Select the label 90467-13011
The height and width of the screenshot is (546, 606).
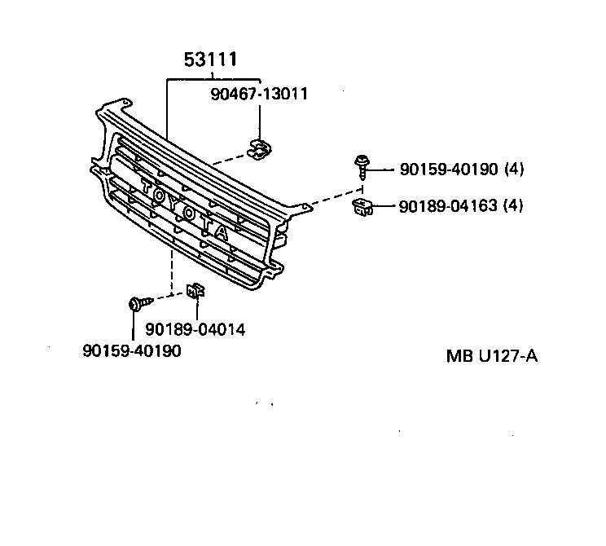point(259,94)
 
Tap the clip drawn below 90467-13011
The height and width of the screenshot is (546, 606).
point(260,149)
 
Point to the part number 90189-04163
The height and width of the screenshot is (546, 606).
point(449,206)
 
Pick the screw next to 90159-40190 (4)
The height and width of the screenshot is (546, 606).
point(361,165)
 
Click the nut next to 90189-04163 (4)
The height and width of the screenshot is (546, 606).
point(362,206)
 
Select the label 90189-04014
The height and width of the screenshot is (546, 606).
point(195,330)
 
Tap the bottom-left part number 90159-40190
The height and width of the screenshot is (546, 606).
point(132,350)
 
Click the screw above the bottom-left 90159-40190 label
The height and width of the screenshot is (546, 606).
point(138,304)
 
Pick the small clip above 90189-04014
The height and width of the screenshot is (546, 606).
point(195,291)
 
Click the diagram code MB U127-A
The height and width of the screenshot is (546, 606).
point(491,356)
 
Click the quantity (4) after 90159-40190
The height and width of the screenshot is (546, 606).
point(514,170)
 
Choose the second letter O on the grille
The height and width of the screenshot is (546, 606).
point(189,214)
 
